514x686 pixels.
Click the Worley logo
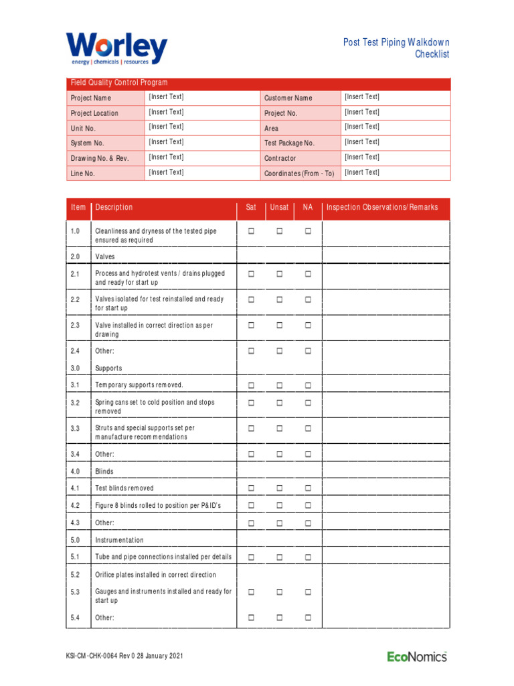pyautogui.click(x=116, y=49)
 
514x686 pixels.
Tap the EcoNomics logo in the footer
pyautogui.click(x=416, y=657)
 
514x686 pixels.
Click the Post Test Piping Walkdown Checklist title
pyautogui.click(x=396, y=48)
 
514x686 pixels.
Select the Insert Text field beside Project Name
pyautogui.click(x=166, y=97)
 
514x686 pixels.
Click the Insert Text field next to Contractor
pyautogui.click(x=361, y=157)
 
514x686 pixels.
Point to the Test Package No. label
pyautogui.click(x=289, y=143)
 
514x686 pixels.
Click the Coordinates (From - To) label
pyautogui.click(x=299, y=174)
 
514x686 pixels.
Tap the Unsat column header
pyautogui.click(x=279, y=208)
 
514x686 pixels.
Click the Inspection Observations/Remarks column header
pyautogui.click(x=381, y=208)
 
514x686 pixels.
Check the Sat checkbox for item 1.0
pyautogui.click(x=252, y=231)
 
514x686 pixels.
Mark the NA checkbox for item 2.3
pyautogui.click(x=309, y=326)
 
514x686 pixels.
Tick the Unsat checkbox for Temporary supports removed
pyautogui.click(x=280, y=386)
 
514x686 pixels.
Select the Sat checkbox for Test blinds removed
pyautogui.click(x=252, y=489)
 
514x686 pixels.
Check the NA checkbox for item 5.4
pyautogui.click(x=309, y=618)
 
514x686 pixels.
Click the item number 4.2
pyautogui.click(x=75, y=506)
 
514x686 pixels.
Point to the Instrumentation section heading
pyautogui.click(x=119, y=540)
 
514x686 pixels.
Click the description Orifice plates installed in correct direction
pyautogui.click(x=155, y=575)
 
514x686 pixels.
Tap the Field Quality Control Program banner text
pyautogui.click(x=119, y=83)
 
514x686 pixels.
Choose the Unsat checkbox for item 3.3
pyautogui.click(x=280, y=429)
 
